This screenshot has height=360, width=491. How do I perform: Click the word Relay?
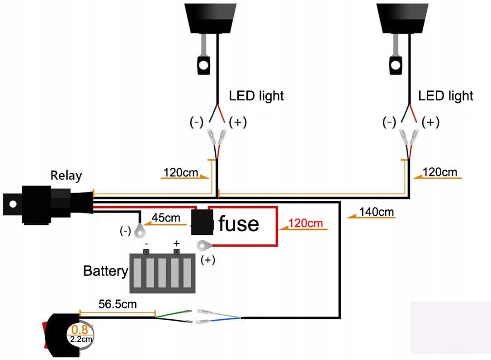click(66, 175)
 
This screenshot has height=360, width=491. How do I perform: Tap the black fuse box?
click(202, 222)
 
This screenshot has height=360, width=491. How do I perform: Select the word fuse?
click(238, 223)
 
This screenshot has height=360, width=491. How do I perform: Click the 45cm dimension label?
click(165, 218)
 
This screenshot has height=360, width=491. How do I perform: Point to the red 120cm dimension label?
click(306, 223)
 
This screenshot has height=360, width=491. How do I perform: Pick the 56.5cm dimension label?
click(118, 304)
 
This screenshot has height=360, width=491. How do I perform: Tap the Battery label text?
click(106, 271)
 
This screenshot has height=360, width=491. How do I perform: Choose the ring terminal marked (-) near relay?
click(140, 232)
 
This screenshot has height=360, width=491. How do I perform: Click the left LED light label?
click(256, 96)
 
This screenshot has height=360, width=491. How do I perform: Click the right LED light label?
click(446, 96)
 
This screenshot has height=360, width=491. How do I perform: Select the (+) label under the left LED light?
click(238, 122)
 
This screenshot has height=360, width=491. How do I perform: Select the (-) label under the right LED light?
click(389, 122)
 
